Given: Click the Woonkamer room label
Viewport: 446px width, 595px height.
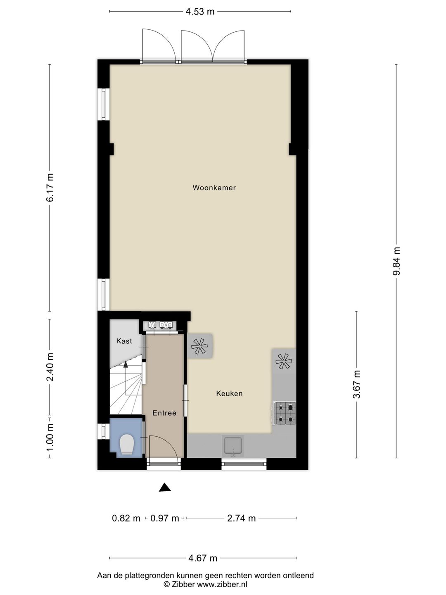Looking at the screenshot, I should [214, 188].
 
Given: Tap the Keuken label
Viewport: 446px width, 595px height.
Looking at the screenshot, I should [229, 393].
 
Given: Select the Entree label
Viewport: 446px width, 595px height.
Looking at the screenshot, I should [164, 413].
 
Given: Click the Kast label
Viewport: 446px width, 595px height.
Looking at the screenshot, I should [124, 341].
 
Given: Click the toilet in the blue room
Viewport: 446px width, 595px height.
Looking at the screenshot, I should [126, 445].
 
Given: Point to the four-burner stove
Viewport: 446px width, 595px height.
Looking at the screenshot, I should [285, 413].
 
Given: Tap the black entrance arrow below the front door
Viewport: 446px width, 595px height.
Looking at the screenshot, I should [165, 488].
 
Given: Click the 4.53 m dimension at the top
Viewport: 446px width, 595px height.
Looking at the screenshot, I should [200, 12].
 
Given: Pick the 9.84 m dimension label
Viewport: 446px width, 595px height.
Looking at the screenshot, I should [396, 261].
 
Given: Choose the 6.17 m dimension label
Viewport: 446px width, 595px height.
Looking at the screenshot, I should [50, 188].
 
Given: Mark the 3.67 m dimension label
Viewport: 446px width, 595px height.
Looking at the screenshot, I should [356, 384].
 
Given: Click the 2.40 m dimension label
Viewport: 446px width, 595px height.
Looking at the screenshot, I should [50, 367].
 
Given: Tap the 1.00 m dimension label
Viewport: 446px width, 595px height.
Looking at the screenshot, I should [50, 437].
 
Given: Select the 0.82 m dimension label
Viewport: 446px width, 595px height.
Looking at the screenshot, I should [126, 518].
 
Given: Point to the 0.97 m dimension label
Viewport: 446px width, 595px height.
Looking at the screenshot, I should [164, 518].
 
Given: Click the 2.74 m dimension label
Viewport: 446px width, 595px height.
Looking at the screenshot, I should [241, 518].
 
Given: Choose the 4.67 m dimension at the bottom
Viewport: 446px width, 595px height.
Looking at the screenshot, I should [202, 558].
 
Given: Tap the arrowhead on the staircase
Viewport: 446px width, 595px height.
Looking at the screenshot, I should [125, 363].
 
